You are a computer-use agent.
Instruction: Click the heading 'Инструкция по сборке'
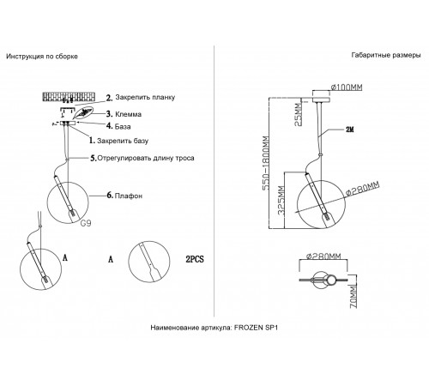click(42, 57)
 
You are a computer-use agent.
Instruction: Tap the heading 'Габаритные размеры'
click(386, 55)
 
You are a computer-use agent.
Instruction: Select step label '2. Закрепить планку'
click(141, 98)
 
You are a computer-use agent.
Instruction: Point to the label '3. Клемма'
click(124, 114)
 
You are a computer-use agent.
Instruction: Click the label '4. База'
click(118, 126)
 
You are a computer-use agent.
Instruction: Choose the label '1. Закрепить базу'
click(118, 141)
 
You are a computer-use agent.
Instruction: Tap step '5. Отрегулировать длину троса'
click(142, 158)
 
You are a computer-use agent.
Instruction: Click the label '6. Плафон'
click(124, 196)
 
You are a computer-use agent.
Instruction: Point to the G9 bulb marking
click(86, 223)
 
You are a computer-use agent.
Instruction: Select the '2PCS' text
click(195, 259)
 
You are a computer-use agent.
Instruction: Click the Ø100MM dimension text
click(347, 87)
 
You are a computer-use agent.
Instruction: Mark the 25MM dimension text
click(298, 115)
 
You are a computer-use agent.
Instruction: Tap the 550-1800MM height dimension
click(266, 163)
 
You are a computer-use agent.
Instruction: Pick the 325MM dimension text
click(281, 200)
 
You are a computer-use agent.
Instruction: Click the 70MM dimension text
click(353, 297)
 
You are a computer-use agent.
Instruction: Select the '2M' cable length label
click(350, 130)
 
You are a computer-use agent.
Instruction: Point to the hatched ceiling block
click(69, 97)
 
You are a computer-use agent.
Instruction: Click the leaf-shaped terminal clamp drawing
click(83, 113)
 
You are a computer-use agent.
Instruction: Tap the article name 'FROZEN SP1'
click(256, 328)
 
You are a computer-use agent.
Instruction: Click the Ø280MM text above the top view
click(323, 256)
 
